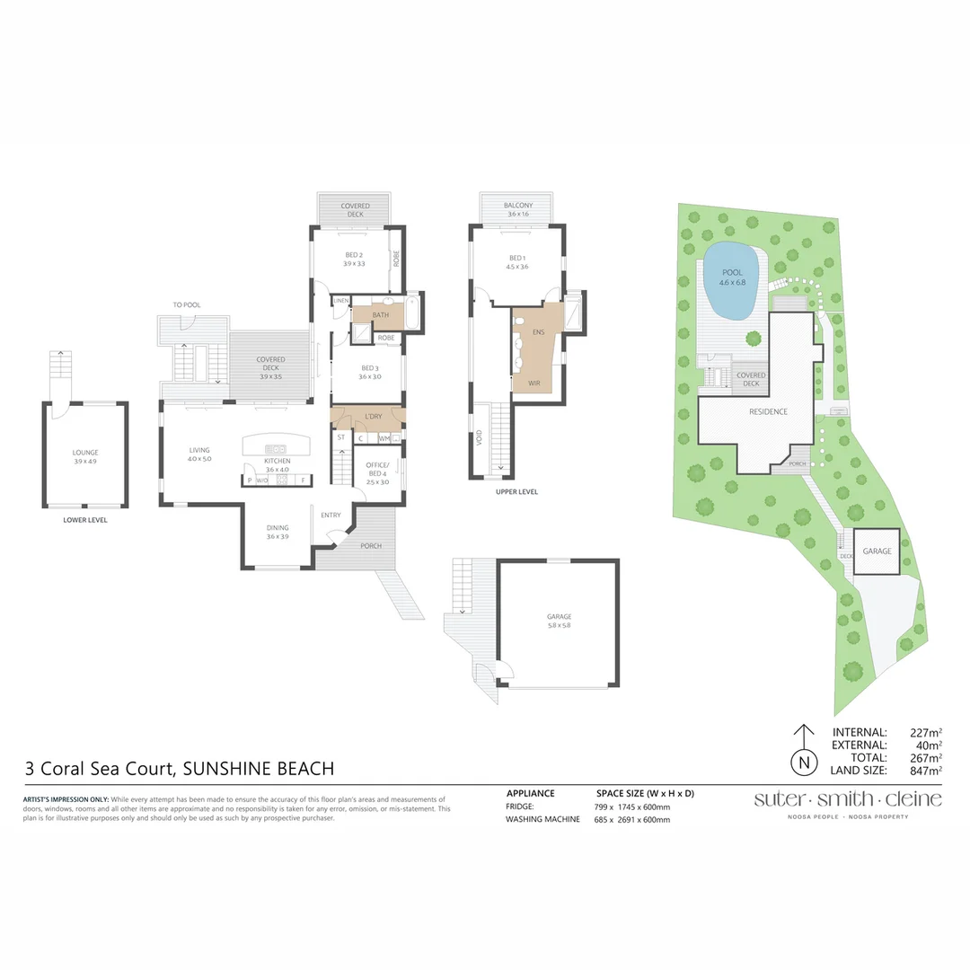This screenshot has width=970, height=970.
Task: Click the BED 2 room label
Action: click(x=353, y=254)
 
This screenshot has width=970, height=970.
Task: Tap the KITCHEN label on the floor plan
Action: click(x=277, y=461)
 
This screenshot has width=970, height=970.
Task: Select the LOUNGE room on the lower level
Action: click(x=85, y=453)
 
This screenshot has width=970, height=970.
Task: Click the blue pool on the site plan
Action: click(x=733, y=281)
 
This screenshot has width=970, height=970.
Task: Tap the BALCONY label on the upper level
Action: click(x=519, y=206)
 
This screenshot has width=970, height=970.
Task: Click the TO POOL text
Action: click(x=187, y=305)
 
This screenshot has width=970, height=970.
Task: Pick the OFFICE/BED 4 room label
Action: click(x=377, y=469)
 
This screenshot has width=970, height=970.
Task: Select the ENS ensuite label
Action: click(x=539, y=333)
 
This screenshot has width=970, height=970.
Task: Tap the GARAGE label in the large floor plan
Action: click(x=559, y=617)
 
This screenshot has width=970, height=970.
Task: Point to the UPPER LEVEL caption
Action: click(x=516, y=492)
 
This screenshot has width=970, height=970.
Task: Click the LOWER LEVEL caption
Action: click(x=85, y=520)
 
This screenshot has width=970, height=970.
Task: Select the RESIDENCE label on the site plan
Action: click(x=768, y=412)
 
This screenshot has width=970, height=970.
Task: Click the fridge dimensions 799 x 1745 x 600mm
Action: click(x=632, y=807)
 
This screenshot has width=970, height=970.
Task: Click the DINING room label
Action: click(x=277, y=528)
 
